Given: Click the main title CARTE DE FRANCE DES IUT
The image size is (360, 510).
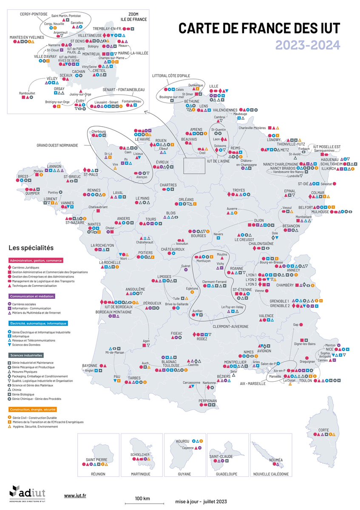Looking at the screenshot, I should click(x=259, y=28).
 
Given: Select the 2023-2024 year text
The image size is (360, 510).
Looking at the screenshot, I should click(x=307, y=44).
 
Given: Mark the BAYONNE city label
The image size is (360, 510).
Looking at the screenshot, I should click(x=90, y=365).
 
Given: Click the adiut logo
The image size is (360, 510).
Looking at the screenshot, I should click(x=27, y=493).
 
